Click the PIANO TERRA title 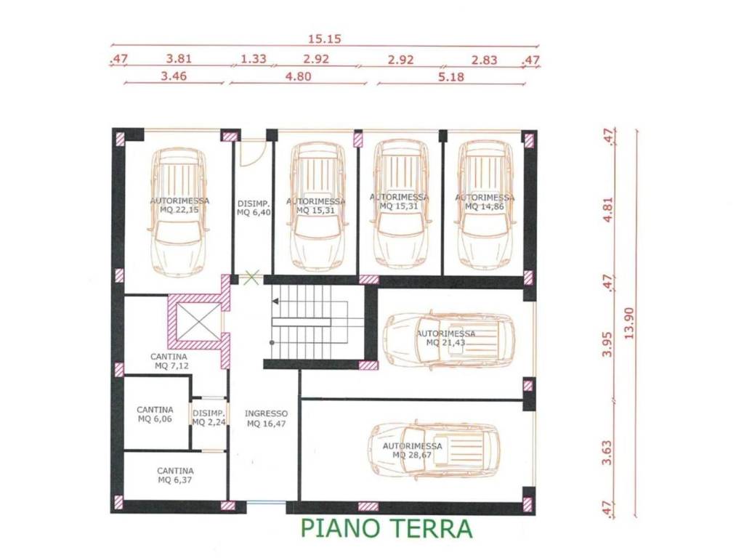386,529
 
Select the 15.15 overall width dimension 325,39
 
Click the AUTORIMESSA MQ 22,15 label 179,205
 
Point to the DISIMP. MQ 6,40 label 254,208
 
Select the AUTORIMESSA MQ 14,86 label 484,202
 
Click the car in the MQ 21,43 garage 448,339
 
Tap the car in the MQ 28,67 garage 434,450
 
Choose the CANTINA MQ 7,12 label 169,361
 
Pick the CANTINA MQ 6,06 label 155,414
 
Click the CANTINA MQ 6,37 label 175,475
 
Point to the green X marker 251,276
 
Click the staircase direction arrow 275,299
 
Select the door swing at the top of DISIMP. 250,154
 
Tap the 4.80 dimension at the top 296,76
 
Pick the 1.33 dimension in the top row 253,59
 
